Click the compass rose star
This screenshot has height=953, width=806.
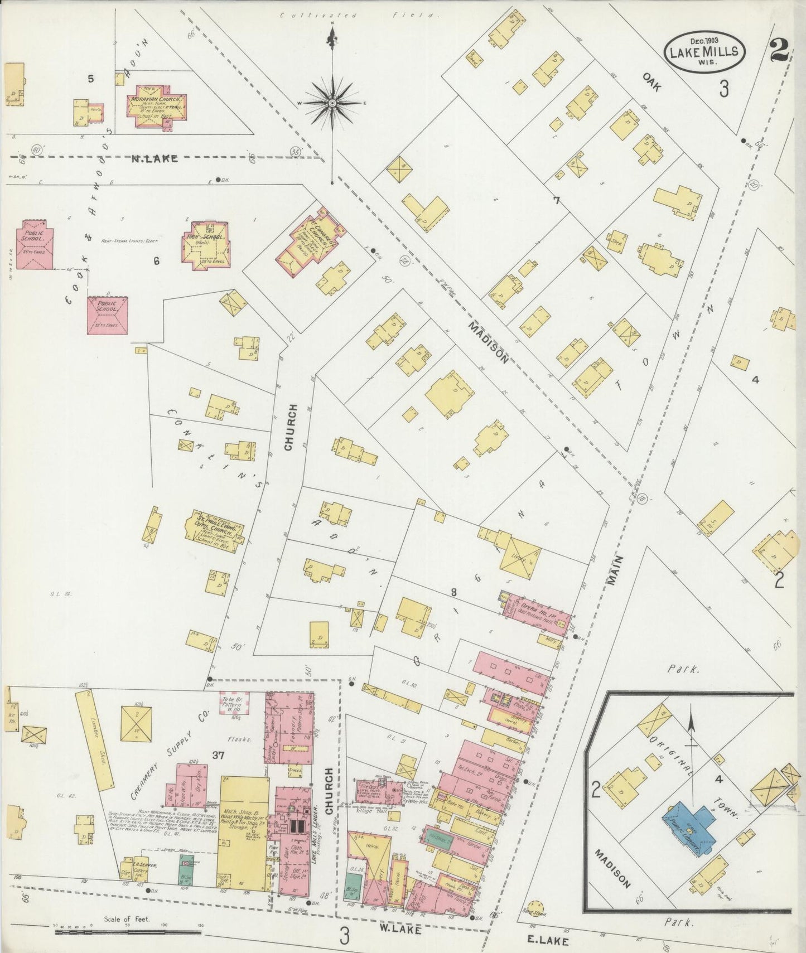point(332,103)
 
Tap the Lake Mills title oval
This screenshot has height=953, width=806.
point(704,51)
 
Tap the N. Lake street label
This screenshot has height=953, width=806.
point(155,159)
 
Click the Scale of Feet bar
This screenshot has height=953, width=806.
point(127,931)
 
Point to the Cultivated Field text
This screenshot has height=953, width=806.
point(357,16)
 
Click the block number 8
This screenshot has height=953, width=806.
point(454,592)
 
